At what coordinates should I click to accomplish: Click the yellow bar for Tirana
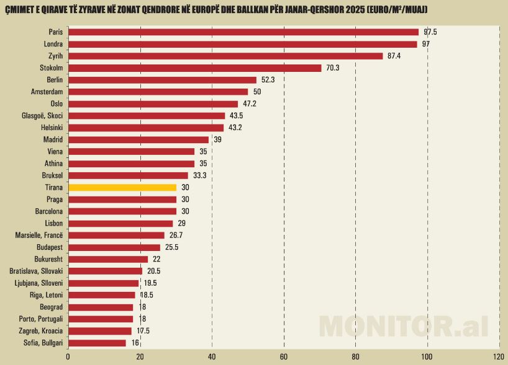click(122, 187)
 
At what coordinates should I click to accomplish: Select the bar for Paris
click(243, 32)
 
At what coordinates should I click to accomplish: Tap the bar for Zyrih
click(225, 56)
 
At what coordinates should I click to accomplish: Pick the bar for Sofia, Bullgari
click(97, 343)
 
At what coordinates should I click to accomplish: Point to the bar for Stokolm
click(194, 68)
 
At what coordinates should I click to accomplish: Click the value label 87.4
click(394, 56)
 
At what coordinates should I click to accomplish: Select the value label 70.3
click(333, 68)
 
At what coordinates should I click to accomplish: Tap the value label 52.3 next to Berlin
click(268, 80)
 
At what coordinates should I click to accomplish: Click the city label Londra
click(54, 44)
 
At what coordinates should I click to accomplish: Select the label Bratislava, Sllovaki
click(36, 271)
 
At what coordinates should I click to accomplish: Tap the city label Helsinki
click(50, 128)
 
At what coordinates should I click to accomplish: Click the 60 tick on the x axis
click(284, 357)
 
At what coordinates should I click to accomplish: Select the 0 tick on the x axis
click(68, 357)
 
